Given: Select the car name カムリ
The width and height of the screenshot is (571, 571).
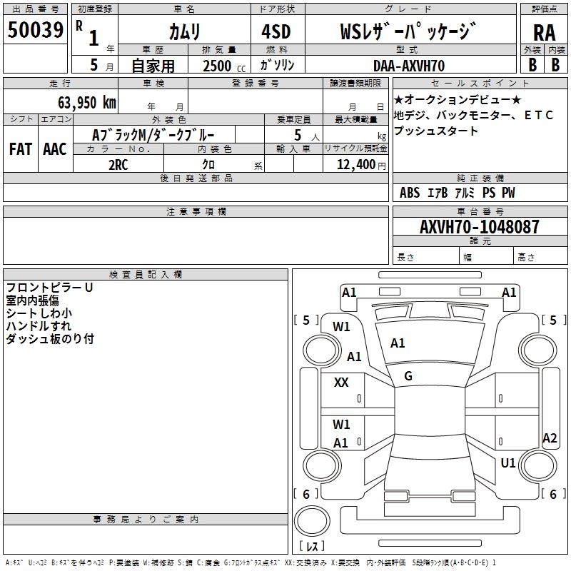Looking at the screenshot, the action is click(184, 32).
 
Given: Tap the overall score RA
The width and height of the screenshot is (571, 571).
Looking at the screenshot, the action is click(544, 32).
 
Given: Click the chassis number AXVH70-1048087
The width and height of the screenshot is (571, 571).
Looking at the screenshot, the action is click(480, 227).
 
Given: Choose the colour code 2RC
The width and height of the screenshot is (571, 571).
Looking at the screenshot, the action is click(118, 165).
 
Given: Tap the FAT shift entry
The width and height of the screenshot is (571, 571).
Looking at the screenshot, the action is click(20, 149).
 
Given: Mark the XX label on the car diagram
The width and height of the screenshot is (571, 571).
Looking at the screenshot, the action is click(341, 383).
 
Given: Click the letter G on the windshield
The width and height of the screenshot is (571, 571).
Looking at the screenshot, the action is click(408, 376).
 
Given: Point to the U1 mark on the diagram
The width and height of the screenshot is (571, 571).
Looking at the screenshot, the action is click(507, 463).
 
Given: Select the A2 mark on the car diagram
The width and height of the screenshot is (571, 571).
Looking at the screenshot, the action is click(549, 438).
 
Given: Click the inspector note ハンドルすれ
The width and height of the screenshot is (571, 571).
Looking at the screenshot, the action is click(39, 326).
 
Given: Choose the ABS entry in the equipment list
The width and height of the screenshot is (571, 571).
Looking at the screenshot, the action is click(410, 193).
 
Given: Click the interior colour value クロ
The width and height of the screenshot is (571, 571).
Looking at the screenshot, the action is click(210, 165).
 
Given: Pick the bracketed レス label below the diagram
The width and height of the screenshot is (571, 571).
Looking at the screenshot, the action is click(311, 547).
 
